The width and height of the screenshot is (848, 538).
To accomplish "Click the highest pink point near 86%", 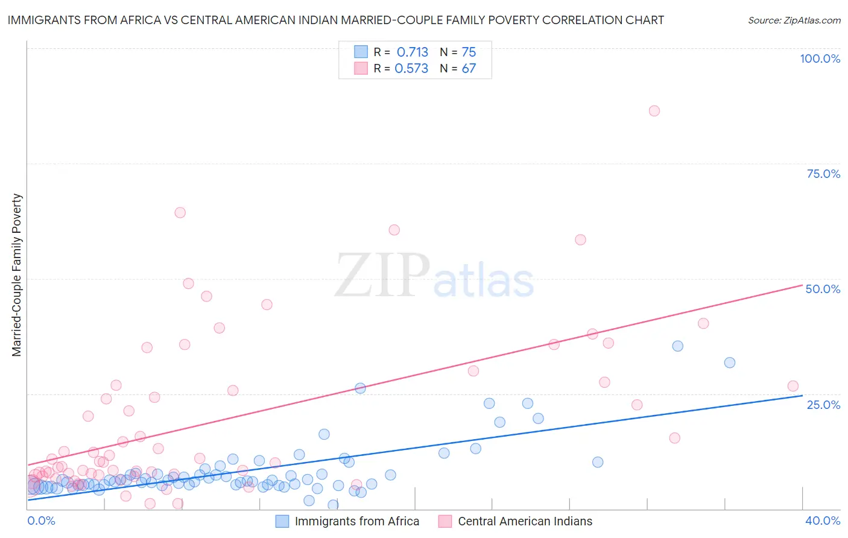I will (654, 111).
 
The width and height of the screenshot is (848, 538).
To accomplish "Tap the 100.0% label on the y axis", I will (820, 59).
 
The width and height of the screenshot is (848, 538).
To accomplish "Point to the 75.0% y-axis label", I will (823, 174).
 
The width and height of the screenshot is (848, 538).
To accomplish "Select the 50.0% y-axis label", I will (823, 289).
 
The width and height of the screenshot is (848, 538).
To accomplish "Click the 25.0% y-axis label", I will (823, 404).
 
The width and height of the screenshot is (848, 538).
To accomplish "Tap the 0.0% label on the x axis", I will (41, 521).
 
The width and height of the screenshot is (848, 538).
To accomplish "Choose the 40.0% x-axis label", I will (823, 521).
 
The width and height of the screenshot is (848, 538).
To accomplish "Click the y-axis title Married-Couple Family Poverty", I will (17, 275).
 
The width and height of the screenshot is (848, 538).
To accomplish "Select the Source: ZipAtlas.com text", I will (794, 21).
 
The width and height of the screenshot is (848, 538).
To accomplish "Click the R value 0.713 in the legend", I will (413, 52).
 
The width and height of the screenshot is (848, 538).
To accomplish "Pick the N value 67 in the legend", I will (469, 68).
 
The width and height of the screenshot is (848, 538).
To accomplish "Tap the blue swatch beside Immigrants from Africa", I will (282, 521).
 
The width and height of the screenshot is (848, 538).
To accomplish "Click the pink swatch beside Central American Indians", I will (445, 521).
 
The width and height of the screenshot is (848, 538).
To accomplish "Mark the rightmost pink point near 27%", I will (793, 386).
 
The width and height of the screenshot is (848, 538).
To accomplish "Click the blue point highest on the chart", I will (677, 346).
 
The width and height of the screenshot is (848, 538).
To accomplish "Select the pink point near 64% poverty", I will (180, 212).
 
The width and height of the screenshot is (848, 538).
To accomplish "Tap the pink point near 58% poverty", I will (580, 239).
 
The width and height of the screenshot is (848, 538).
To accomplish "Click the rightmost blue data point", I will (729, 362).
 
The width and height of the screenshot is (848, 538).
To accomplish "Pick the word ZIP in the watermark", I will (382, 276).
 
